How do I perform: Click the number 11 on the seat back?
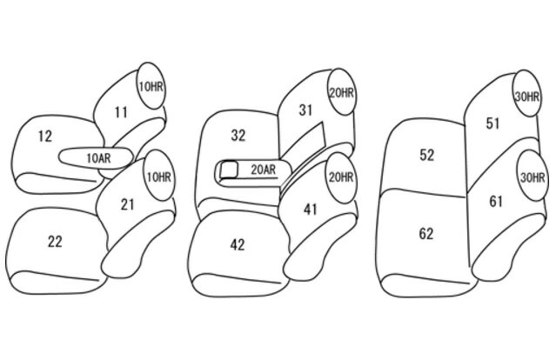tap(121, 112)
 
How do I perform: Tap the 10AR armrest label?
tap(98, 158)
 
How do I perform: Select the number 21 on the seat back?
tap(127, 204)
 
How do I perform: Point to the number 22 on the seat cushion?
tap(55, 242)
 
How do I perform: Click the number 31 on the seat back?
tap(305, 110)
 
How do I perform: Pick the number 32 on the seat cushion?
tap(238, 136)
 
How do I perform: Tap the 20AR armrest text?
tap(264, 170)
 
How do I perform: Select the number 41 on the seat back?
tap(310, 210)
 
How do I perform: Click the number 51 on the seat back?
tap(492, 123)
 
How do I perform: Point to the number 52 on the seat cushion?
tap(426, 155)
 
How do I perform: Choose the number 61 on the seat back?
tap(496, 201)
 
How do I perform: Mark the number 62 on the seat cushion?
tap(425, 234)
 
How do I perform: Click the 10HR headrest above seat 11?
tap(151, 86)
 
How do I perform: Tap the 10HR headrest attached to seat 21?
tap(159, 177)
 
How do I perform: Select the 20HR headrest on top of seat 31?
tap(341, 92)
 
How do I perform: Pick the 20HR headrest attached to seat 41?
tap(341, 178)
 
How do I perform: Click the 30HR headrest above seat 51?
tap(527, 94)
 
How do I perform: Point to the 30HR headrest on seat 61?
tap(532, 176)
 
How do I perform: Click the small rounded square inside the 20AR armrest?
tap(228, 170)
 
